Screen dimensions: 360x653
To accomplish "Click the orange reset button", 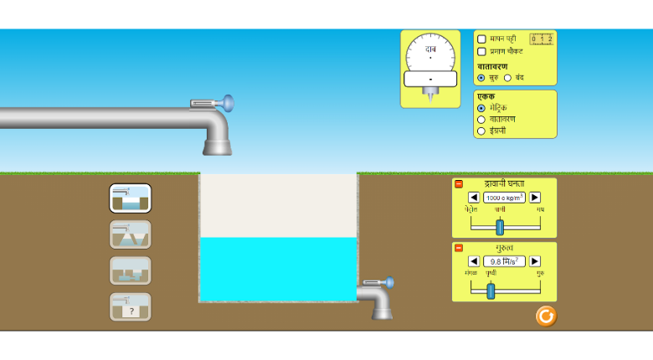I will point(546,316).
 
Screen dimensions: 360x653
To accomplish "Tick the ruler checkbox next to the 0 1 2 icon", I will point(481,39).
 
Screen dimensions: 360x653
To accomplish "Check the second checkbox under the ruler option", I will point(481,52).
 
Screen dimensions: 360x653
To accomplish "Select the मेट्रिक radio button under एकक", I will point(481,108).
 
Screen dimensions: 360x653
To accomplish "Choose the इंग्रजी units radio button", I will point(481,131).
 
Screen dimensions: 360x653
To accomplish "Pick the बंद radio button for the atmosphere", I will point(507,78).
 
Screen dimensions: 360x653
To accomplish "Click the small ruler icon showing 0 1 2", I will point(541,39).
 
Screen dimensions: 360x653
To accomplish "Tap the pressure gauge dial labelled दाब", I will point(430,57).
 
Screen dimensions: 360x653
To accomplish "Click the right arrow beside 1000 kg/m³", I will point(535,198).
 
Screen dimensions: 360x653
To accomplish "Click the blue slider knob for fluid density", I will point(500,227).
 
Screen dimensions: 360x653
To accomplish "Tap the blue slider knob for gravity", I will point(491,291).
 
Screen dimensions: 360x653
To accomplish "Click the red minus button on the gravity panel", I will point(459,248).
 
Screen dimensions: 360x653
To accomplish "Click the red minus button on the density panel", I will point(459,184).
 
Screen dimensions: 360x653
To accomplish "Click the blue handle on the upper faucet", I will point(227,103).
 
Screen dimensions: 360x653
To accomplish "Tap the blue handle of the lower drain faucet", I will point(389,282).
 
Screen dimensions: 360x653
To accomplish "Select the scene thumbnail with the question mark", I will point(130,307).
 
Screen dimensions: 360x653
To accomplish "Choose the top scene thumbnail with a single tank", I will point(130,198).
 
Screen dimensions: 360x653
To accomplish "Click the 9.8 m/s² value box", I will point(504,261).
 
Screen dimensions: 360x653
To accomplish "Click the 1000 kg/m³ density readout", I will point(504,198).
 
